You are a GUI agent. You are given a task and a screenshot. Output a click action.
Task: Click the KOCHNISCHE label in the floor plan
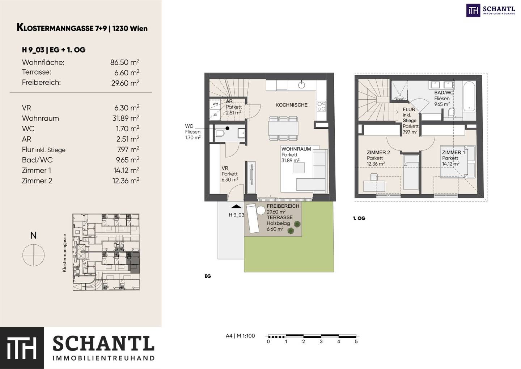click(292, 105)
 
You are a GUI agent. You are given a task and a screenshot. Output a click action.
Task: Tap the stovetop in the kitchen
click(321, 106)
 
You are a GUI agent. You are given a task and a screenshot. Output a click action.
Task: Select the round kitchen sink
click(302, 85)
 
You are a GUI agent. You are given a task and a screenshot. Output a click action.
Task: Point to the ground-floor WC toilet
click(219, 133)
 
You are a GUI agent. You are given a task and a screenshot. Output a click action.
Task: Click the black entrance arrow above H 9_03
click(236, 206)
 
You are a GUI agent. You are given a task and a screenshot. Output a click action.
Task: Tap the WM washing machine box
click(215, 104)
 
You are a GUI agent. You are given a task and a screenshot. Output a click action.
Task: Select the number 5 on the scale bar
click(356, 342)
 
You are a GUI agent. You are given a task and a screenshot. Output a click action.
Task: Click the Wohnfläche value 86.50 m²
click(125, 62)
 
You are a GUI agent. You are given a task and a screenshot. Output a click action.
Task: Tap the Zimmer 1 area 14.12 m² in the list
click(126, 170)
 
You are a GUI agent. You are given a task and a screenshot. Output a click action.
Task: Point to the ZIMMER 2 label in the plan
click(378, 153)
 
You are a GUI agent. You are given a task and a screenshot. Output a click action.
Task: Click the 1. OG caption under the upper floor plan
click(359, 218)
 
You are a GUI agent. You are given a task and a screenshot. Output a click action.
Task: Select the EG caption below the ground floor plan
click(208, 276)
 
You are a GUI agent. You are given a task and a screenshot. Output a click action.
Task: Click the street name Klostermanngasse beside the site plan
click(64, 253)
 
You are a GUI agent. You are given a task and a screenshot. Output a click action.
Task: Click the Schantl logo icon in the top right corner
click(473, 11)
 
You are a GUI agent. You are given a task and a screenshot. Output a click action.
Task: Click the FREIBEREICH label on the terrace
click(283, 206)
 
